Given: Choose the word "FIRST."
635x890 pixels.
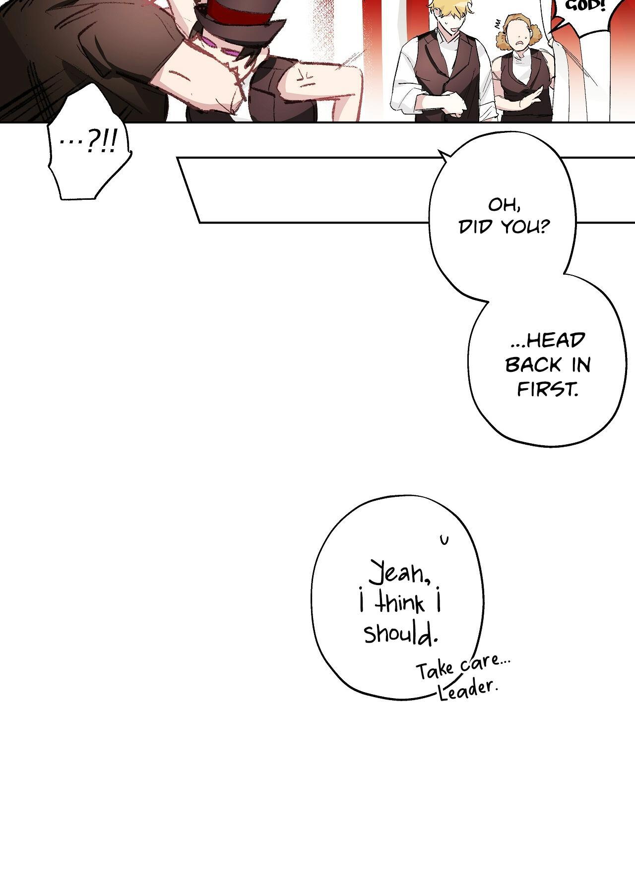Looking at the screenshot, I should point(548,389).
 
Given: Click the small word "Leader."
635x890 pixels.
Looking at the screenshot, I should point(468,690).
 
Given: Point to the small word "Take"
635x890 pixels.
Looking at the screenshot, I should point(435,670).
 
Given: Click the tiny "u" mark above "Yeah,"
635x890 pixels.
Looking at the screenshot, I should point(444,539).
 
